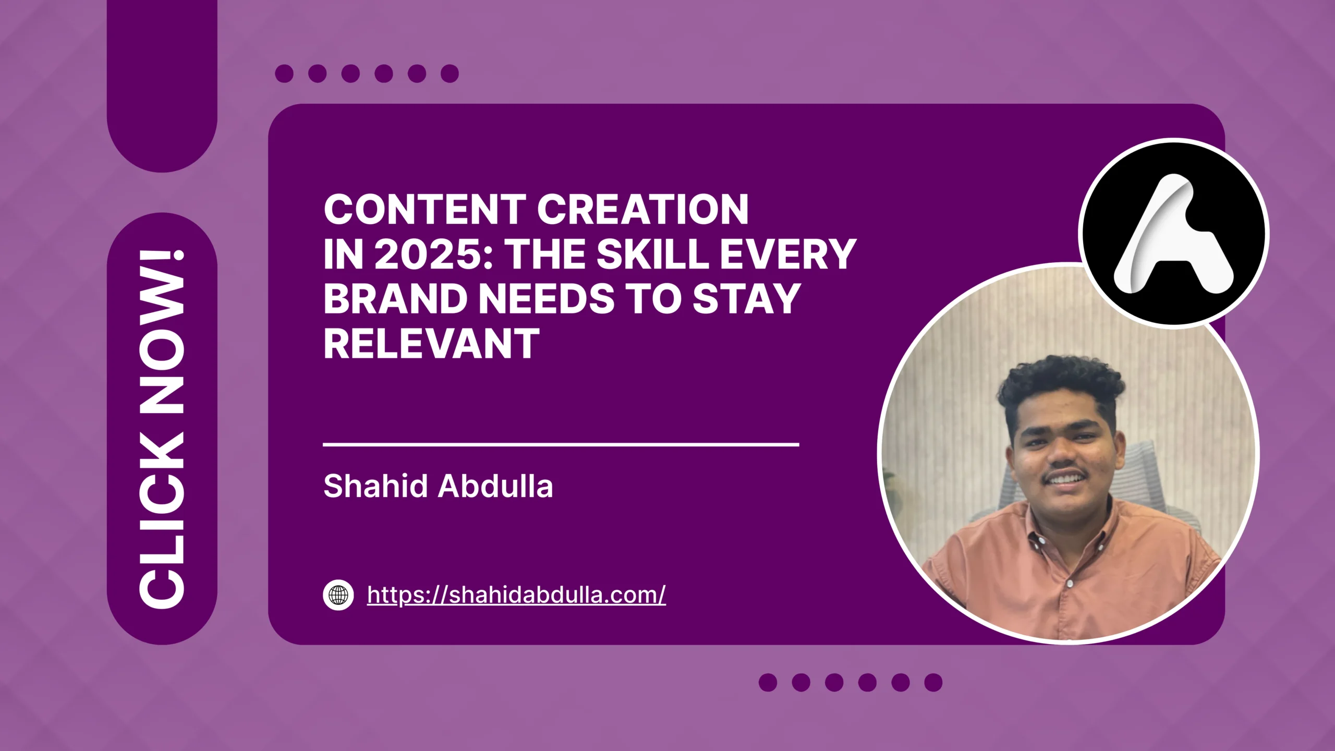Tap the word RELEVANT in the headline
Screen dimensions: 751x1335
(x=431, y=344)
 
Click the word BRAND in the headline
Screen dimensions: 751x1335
(x=395, y=299)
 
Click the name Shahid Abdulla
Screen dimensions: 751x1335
(x=438, y=486)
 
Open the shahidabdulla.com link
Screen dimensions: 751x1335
(x=516, y=595)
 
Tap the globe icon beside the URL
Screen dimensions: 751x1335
(x=338, y=595)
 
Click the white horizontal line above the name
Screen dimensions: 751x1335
(x=561, y=444)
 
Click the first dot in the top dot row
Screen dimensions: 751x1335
(x=284, y=74)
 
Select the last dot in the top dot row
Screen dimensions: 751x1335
(x=450, y=74)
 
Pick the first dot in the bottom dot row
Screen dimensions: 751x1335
(x=768, y=682)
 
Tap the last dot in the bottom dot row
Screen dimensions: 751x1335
(x=933, y=682)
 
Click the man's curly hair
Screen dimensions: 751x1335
(x=1059, y=381)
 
